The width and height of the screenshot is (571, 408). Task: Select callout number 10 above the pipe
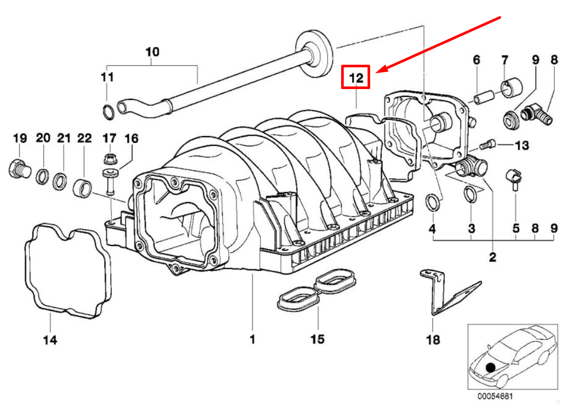152,52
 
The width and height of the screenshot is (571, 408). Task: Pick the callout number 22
84,138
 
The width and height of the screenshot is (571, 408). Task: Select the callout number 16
131,138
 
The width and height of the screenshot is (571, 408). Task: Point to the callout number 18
433,340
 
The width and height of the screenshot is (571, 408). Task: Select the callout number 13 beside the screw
522,145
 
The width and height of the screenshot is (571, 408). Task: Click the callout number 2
492,257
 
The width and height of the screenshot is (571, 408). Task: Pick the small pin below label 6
481,97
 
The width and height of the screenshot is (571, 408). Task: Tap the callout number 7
505,60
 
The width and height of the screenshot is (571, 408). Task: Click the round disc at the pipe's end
314,53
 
